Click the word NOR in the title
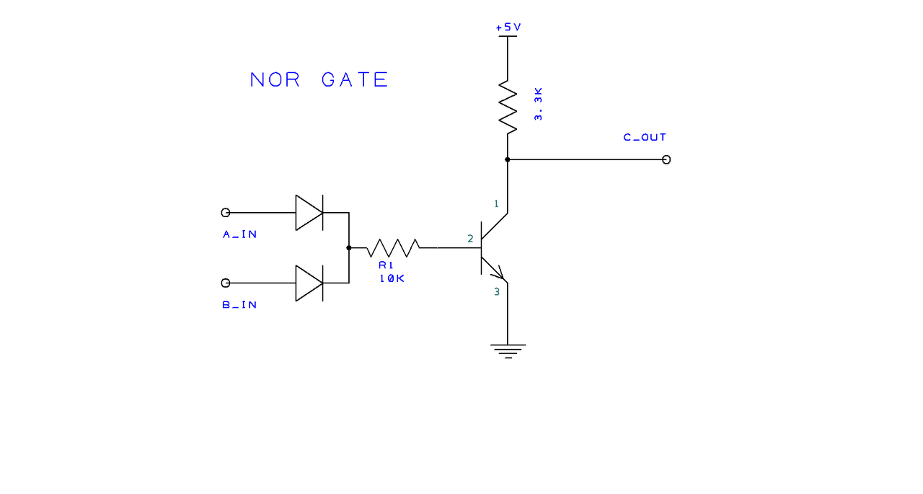coord(275,79)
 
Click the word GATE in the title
coord(355,79)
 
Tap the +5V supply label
coord(508,27)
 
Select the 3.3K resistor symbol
coord(508,107)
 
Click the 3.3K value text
coord(538,105)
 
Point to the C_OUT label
coord(645,137)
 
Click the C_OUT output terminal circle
coord(666,159)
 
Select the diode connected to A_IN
coord(309,213)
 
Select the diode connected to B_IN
coord(309,283)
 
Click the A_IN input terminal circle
coord(226,213)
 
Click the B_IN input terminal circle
coord(226,283)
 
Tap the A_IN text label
coord(239,234)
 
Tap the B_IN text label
coord(239,305)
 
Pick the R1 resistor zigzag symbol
coord(393,247)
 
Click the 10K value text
coord(392,278)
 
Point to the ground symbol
coord(508,350)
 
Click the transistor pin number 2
coord(470,238)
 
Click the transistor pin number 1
coord(496,204)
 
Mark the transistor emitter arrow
coord(498,273)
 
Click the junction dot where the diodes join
coord(349,247)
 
